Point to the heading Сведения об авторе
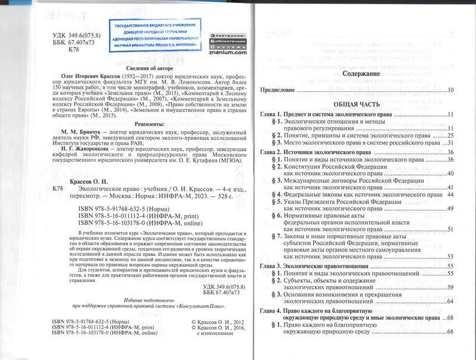tap(139, 68)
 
